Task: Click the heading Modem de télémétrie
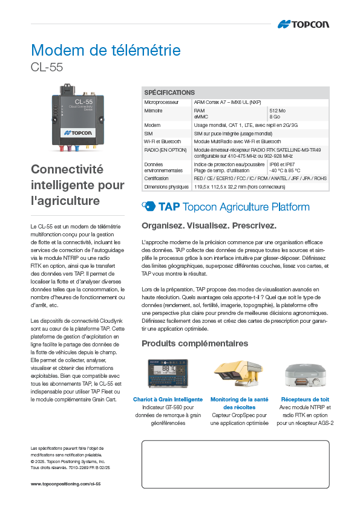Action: click(x=105, y=50)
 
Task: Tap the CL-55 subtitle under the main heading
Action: click(x=47, y=67)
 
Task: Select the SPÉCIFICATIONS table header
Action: click(x=169, y=92)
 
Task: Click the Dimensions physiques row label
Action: click(x=166, y=187)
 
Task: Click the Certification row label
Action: click(x=157, y=179)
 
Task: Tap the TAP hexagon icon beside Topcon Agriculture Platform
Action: click(x=148, y=207)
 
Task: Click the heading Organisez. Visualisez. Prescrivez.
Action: click(x=209, y=226)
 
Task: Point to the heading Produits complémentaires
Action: click(x=195, y=343)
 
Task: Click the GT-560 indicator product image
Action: click(x=168, y=374)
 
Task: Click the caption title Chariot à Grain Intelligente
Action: click(x=168, y=400)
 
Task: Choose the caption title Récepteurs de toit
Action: click(x=305, y=400)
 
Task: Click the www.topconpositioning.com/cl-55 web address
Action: click(x=65, y=484)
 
